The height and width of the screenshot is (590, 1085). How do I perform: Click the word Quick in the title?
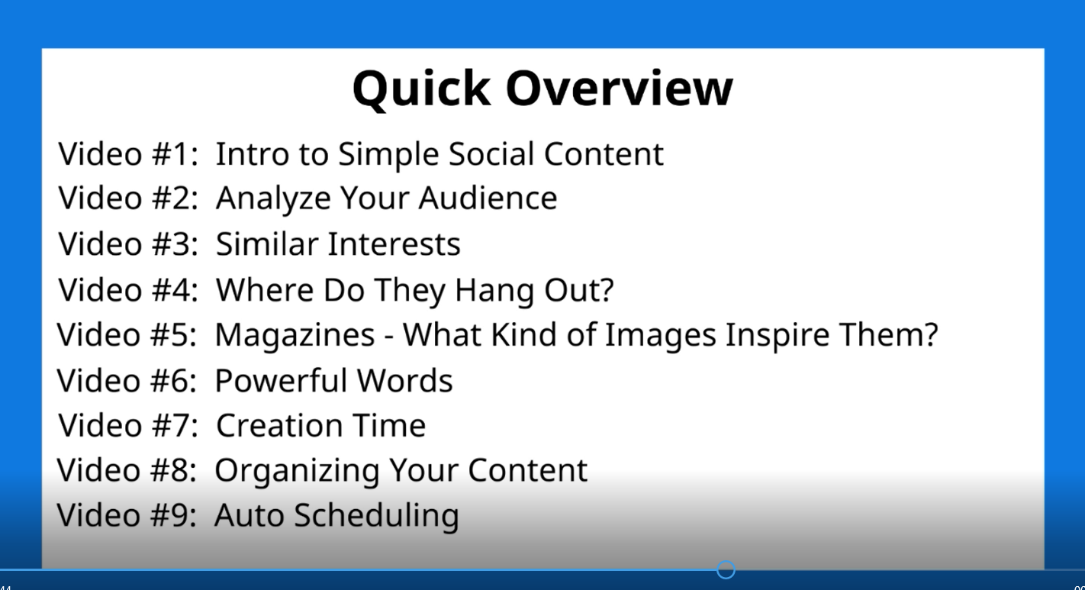(x=421, y=89)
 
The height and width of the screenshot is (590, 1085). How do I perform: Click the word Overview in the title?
(x=619, y=89)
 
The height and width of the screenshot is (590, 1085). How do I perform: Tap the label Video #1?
(x=128, y=154)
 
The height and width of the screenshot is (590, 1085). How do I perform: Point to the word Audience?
(x=488, y=198)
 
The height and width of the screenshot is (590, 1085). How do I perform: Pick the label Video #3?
(x=128, y=243)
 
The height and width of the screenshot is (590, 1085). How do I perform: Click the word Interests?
(x=394, y=243)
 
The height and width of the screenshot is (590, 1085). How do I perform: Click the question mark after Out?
(x=607, y=290)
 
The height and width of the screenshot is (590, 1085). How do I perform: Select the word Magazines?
(x=295, y=336)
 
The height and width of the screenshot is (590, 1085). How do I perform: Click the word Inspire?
(x=777, y=336)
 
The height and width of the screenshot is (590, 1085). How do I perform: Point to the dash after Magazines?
(x=388, y=337)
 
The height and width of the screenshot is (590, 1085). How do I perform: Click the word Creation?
(x=278, y=425)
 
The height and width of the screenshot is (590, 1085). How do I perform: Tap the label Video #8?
(x=127, y=470)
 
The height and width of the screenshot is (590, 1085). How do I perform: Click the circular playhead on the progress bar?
(x=726, y=570)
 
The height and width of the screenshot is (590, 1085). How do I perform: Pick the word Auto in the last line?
(x=249, y=514)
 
